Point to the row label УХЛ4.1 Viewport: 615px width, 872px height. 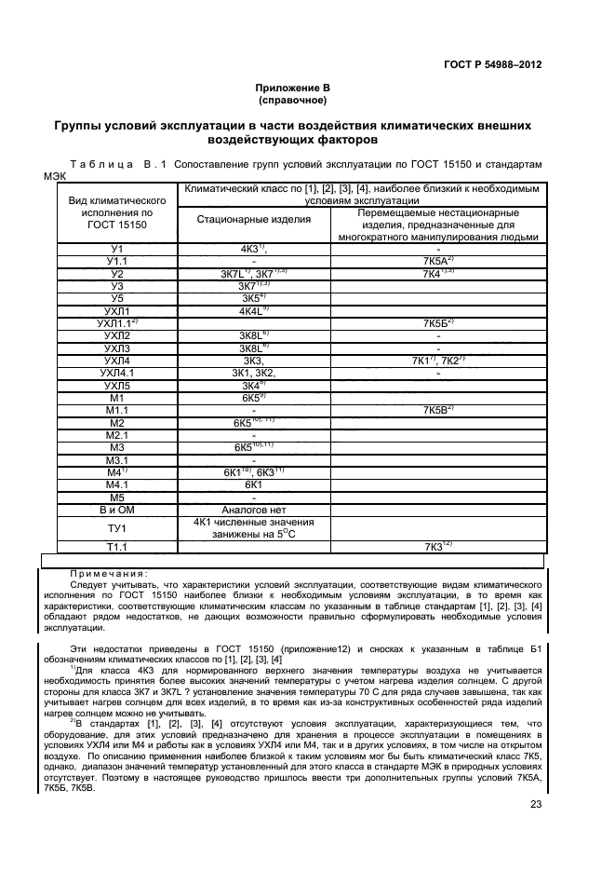tap(116, 373)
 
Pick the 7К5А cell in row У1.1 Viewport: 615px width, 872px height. tap(437, 262)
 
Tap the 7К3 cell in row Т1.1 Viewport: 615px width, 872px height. tap(437, 547)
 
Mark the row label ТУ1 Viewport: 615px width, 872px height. tap(116, 528)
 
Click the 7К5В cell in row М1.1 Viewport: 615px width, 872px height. tap(437, 410)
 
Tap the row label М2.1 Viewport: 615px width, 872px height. tap(116, 435)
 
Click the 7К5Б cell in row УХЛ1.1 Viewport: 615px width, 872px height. tap(437, 323)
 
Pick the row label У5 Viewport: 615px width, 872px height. tap(116, 298)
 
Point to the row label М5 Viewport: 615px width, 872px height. tap(116, 497)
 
